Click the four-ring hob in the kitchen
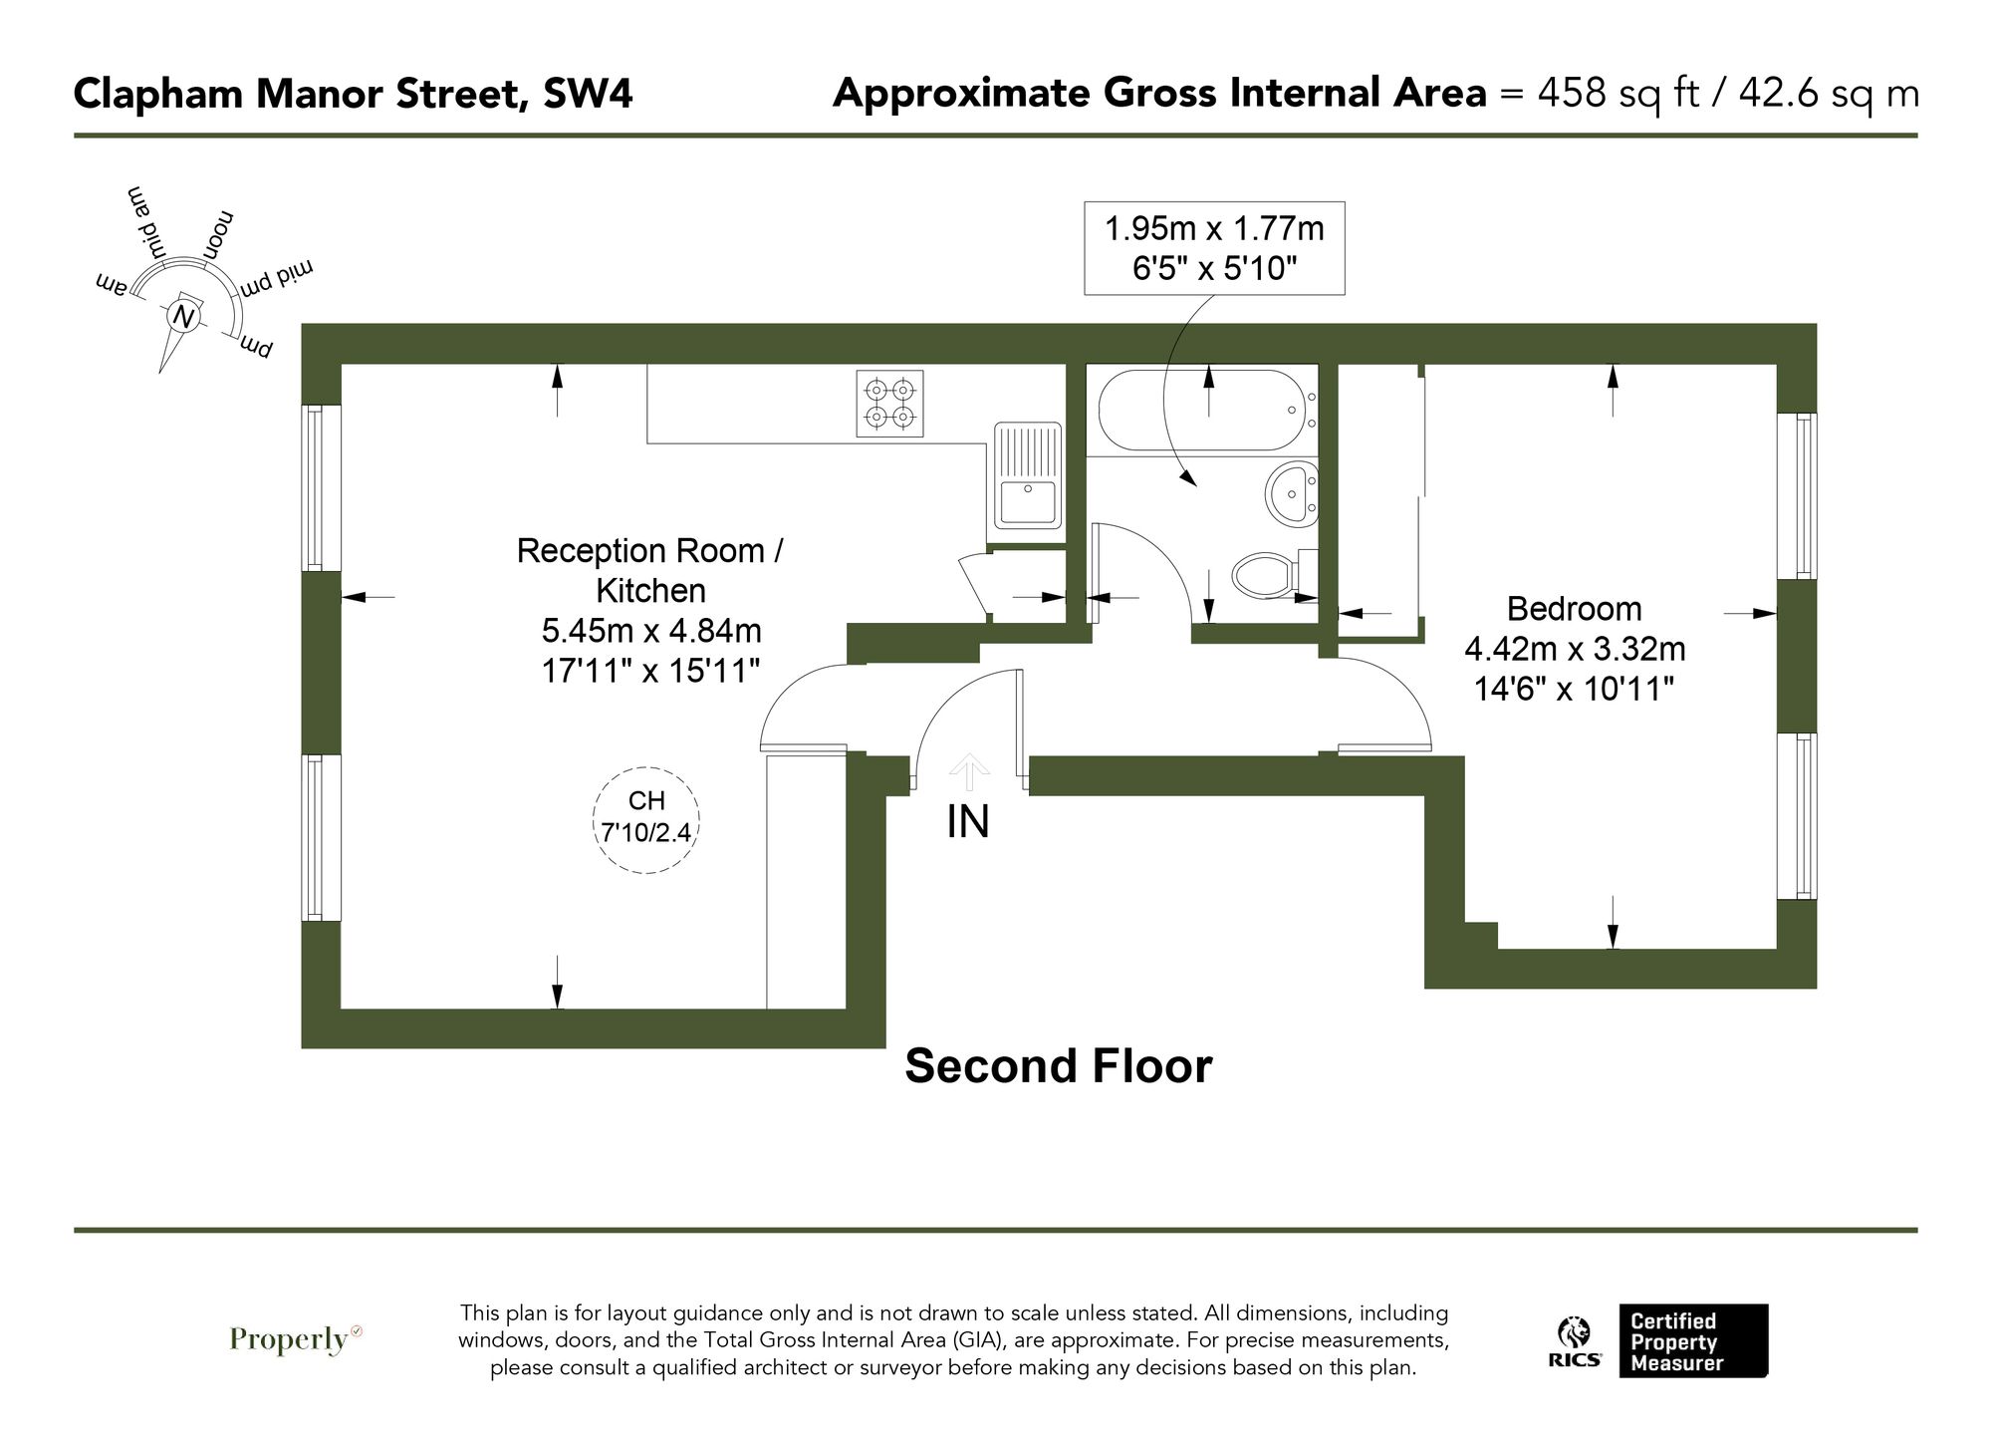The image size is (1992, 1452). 889,403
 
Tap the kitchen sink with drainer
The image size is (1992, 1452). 1027,474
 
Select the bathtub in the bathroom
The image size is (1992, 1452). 1200,410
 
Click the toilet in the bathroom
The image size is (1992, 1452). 1270,574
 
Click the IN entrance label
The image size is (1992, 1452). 967,822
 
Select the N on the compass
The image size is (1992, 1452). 182,317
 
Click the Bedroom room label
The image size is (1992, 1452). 1574,608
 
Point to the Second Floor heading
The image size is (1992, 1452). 1058,1065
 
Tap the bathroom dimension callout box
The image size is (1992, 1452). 1214,248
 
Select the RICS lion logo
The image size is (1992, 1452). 1574,1342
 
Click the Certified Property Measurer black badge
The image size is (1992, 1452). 1692,1341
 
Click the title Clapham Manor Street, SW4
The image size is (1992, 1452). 353,95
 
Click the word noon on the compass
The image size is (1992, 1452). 219,234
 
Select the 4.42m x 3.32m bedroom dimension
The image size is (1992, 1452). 1574,649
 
